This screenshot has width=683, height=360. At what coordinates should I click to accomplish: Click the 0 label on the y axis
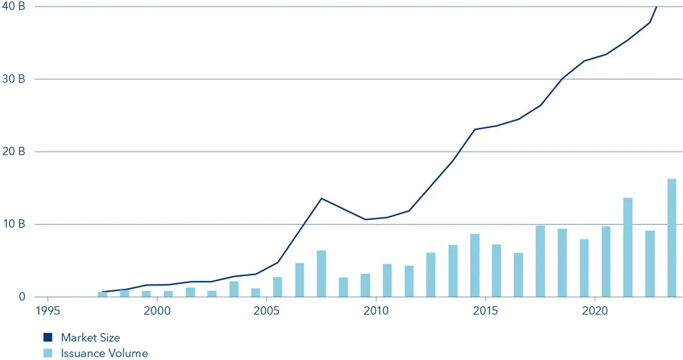point(22,297)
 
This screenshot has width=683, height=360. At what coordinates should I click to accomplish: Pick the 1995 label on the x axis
point(47,311)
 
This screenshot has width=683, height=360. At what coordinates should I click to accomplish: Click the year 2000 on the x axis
point(157,311)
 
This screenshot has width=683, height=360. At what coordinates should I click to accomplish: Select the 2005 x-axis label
point(266,311)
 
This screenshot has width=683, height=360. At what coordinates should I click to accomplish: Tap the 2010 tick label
point(375,311)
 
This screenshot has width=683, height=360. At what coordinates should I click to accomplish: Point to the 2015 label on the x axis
point(485,311)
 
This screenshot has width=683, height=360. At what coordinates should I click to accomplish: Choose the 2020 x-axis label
point(595,311)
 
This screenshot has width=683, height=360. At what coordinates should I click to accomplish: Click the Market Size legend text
point(91,337)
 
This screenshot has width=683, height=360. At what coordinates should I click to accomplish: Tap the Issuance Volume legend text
point(104,353)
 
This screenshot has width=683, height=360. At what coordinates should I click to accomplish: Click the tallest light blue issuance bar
point(671,238)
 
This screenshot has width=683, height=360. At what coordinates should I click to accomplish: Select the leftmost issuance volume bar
point(103,294)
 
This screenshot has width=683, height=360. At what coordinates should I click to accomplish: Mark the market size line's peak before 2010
point(321,198)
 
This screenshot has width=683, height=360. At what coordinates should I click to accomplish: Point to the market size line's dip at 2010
point(366,219)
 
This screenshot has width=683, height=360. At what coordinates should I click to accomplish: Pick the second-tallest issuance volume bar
point(628,247)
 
